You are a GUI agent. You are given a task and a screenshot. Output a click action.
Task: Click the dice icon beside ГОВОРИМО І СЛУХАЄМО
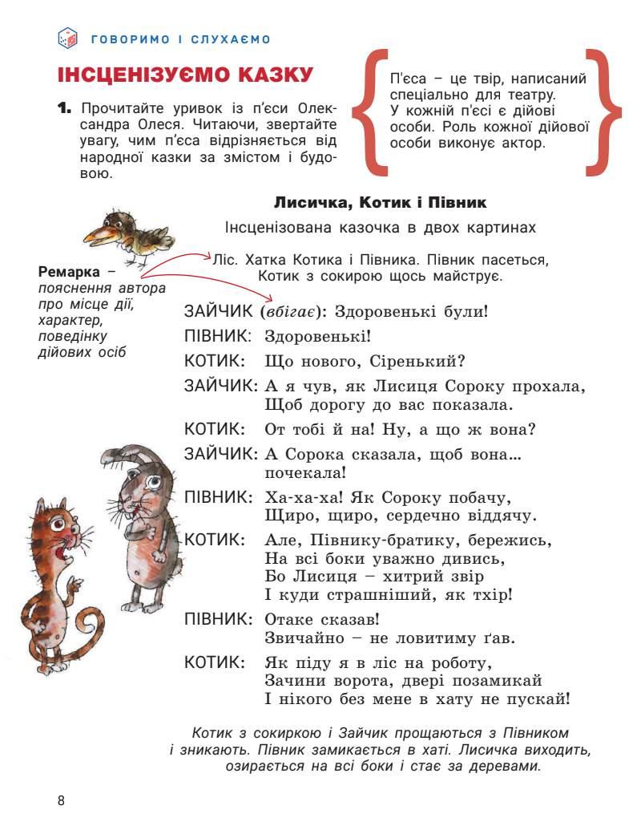pyautogui.click(x=68, y=38)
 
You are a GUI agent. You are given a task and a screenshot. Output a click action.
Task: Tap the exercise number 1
pyautogui.click(x=65, y=107)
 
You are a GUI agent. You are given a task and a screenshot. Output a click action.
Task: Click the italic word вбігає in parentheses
pyautogui.click(x=293, y=310)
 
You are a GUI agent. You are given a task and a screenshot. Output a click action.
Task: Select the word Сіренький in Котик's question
pyautogui.click(x=423, y=361)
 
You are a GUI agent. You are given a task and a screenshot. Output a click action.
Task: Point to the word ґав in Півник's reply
pyautogui.click(x=500, y=638)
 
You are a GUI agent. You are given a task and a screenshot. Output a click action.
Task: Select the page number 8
pyautogui.click(x=61, y=800)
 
